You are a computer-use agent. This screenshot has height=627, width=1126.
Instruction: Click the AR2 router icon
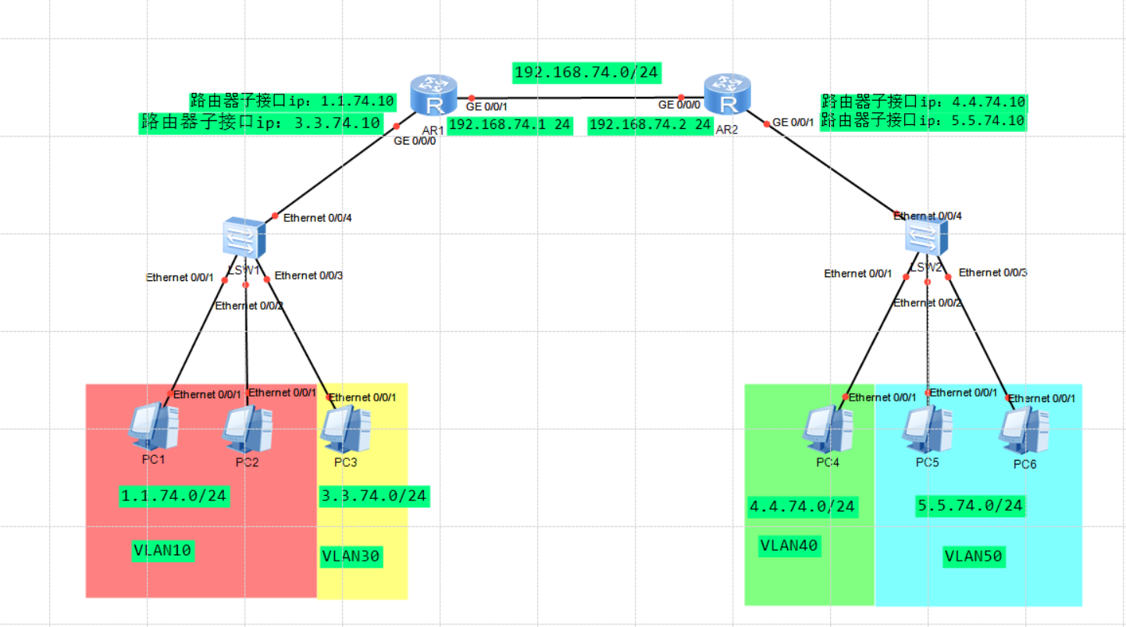(727, 94)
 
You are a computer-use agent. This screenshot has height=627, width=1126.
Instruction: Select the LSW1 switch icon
(243, 239)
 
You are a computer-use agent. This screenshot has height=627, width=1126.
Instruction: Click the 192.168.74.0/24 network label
(586, 73)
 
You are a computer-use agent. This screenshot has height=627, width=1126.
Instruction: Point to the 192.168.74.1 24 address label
(510, 125)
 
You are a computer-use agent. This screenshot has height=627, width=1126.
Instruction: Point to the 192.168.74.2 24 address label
(650, 125)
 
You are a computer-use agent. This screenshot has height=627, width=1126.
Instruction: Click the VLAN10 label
(162, 551)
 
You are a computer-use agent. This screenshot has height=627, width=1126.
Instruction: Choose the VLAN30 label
(351, 556)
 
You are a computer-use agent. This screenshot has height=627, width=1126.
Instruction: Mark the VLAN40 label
(789, 546)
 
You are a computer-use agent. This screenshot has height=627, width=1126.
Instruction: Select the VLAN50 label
(973, 557)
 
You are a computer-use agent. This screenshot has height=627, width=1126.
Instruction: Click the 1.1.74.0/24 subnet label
(174, 496)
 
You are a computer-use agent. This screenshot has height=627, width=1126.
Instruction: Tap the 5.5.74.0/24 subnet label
(970, 506)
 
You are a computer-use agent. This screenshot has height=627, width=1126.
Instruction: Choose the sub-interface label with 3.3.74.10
(261, 123)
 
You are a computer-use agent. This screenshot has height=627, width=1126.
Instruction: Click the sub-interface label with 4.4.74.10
(923, 102)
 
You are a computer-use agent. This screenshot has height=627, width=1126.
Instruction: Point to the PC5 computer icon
(928, 429)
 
